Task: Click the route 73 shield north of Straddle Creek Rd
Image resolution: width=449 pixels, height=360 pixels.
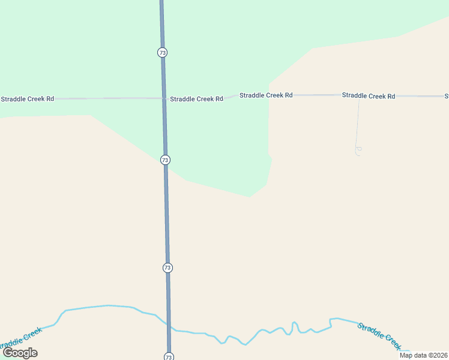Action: (x=162, y=53)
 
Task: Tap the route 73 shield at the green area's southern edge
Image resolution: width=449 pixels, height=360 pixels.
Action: (x=165, y=160)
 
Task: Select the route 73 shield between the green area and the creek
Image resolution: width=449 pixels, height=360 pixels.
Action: (x=167, y=268)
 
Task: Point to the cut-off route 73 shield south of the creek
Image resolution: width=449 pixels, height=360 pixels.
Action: (x=169, y=356)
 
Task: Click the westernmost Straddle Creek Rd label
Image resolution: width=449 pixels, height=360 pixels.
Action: (x=28, y=98)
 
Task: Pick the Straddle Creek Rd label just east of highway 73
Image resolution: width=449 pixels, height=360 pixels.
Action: (x=196, y=99)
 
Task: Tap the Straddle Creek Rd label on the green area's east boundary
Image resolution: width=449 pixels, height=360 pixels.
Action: (x=266, y=95)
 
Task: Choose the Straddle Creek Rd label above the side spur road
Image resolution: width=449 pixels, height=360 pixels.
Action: (x=369, y=96)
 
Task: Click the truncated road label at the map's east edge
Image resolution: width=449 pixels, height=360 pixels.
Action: (x=446, y=96)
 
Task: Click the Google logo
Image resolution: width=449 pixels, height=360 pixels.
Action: (x=20, y=353)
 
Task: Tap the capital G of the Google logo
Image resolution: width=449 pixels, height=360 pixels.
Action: (x=8, y=352)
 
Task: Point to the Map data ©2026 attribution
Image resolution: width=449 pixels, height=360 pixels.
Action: (x=423, y=355)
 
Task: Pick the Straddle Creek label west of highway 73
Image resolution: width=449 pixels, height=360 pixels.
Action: (x=21, y=340)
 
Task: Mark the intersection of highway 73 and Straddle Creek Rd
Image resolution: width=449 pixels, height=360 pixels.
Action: (x=164, y=98)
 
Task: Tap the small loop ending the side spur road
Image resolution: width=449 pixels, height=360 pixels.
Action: (x=358, y=151)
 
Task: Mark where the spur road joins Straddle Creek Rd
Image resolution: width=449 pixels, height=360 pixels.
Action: (x=359, y=97)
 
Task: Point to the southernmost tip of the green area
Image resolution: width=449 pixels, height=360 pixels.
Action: (x=249, y=196)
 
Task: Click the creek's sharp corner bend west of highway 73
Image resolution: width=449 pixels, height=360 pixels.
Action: (x=64, y=311)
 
